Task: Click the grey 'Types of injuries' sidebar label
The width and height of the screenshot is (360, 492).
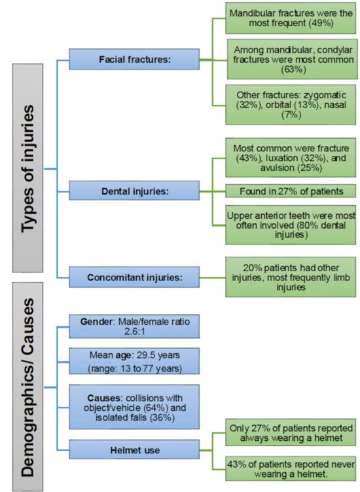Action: click(27, 168)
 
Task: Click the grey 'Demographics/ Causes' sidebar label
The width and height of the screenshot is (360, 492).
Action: click(27, 387)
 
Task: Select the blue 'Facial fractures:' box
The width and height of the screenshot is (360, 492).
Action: click(134, 60)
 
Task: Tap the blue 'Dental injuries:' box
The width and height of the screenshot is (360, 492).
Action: click(134, 191)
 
